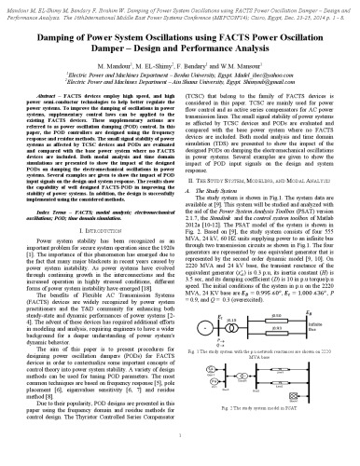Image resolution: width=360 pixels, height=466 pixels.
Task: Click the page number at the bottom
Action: click(180, 459)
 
